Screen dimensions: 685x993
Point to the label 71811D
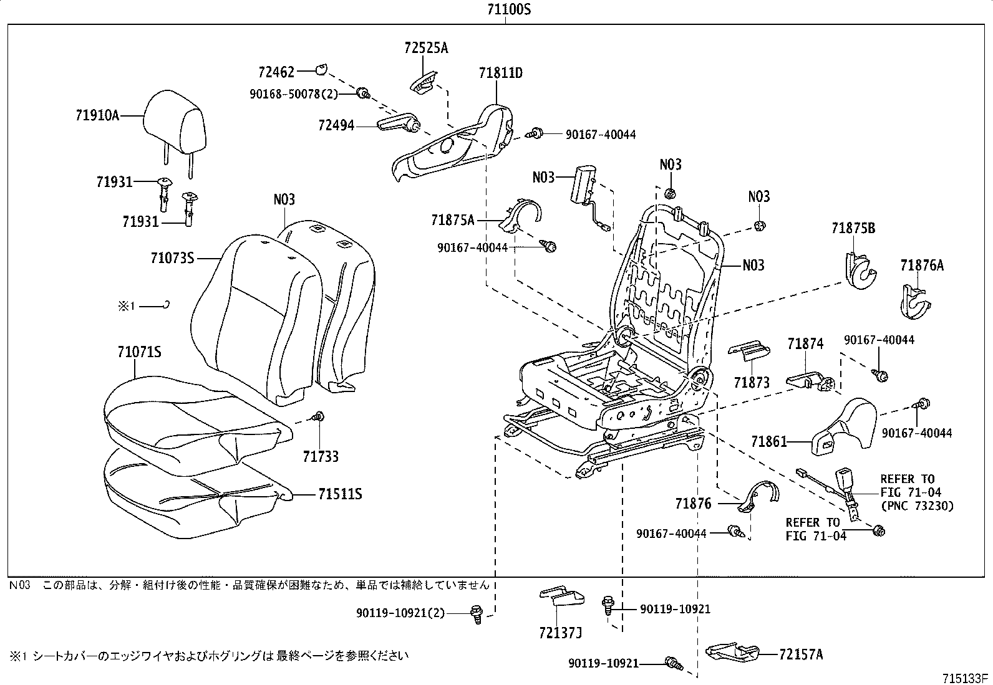tap(500, 73)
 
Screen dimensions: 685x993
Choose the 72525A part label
tap(425, 48)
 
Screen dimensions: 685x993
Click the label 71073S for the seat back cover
tap(173, 257)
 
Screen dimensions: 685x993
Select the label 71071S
tap(139, 352)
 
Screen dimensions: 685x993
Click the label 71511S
tap(340, 494)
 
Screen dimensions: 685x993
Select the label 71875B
tap(853, 229)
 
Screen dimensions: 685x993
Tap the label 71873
tap(752, 382)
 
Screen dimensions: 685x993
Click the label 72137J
tap(560, 634)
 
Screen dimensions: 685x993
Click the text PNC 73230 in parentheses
tap(917, 505)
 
